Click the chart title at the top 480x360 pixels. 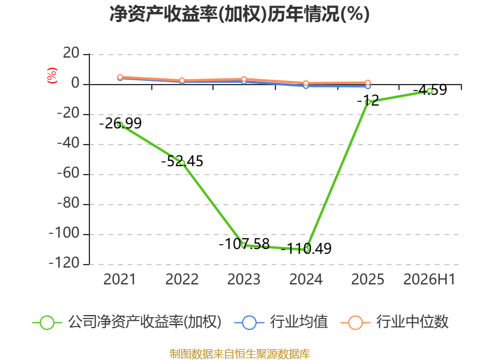click(x=239, y=14)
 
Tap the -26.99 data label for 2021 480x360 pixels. click(x=121, y=124)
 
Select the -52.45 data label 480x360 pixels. click(x=182, y=161)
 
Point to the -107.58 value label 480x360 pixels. click(x=244, y=244)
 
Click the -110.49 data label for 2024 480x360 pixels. click(x=306, y=248)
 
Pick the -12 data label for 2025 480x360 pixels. click(x=368, y=100)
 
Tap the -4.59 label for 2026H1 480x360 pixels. click(x=430, y=90)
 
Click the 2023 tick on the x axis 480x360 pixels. click(x=244, y=279)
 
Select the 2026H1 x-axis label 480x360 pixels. click(x=430, y=279)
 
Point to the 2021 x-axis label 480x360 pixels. click(x=119, y=279)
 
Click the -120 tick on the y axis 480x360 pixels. click(x=64, y=263)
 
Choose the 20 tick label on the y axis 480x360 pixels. click(x=71, y=53)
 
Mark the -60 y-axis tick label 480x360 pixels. click(x=68, y=173)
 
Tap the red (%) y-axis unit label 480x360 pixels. click(x=52, y=76)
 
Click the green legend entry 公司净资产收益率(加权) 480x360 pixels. click(x=127, y=322)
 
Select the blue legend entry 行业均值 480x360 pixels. click(x=281, y=322)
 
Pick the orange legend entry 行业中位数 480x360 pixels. click(x=394, y=322)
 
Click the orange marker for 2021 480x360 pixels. click(x=121, y=77)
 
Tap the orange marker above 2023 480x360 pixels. click(x=244, y=79)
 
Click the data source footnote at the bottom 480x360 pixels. click(x=240, y=354)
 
